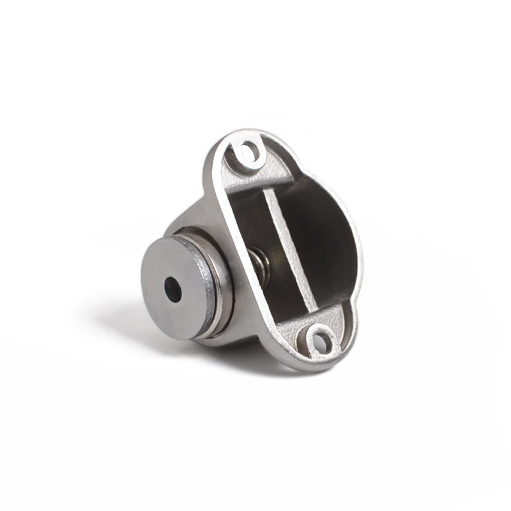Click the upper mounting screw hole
249,152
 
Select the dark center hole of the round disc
173,290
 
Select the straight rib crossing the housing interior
287,249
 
